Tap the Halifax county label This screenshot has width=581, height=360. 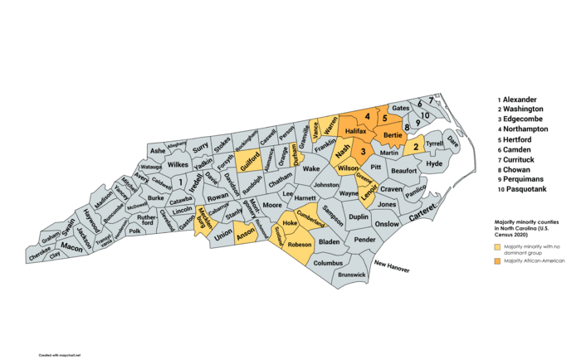pos(355,131)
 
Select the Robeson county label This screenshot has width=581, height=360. pos(299,245)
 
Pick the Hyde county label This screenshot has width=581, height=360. pos(434,164)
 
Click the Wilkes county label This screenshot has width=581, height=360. pos(178,164)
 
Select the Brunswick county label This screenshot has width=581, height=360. pos(352,274)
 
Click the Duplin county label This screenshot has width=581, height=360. pos(359,216)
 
